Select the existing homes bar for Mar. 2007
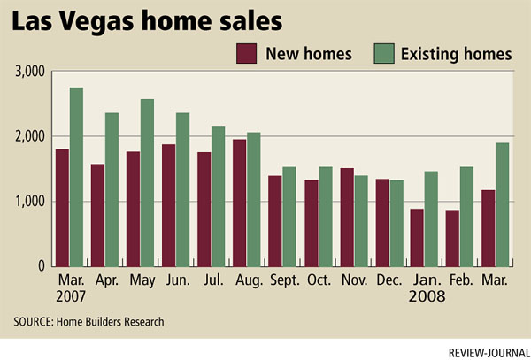76,177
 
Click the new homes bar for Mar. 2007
62,207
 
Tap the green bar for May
147,182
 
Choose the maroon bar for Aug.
239,203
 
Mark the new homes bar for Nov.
347,217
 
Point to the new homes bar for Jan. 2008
417,237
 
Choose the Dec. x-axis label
389,280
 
